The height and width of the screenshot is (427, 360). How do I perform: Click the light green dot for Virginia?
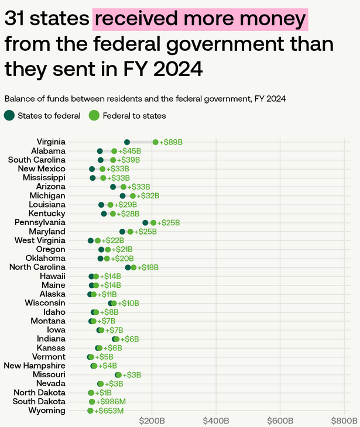click(x=155, y=142)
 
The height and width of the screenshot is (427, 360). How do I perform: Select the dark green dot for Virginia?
click(x=127, y=142)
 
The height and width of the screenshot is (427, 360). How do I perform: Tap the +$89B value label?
click(x=171, y=142)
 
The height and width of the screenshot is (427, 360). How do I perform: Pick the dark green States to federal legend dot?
click(x=9, y=115)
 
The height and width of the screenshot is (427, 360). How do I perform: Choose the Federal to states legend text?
click(x=135, y=115)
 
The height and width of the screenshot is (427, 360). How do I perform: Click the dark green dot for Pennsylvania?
click(x=145, y=223)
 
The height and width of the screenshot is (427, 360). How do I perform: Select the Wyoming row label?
click(x=47, y=411)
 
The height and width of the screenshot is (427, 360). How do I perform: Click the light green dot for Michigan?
click(x=133, y=196)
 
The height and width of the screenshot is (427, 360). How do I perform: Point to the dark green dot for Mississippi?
click(x=92, y=178)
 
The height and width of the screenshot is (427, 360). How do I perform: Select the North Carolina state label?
click(x=37, y=267)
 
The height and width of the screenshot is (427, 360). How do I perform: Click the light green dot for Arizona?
click(x=124, y=187)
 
